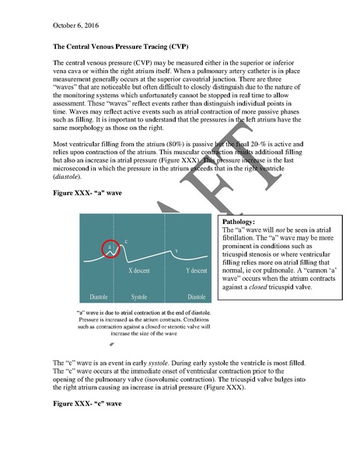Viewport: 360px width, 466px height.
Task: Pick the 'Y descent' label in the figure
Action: pos(195,271)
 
